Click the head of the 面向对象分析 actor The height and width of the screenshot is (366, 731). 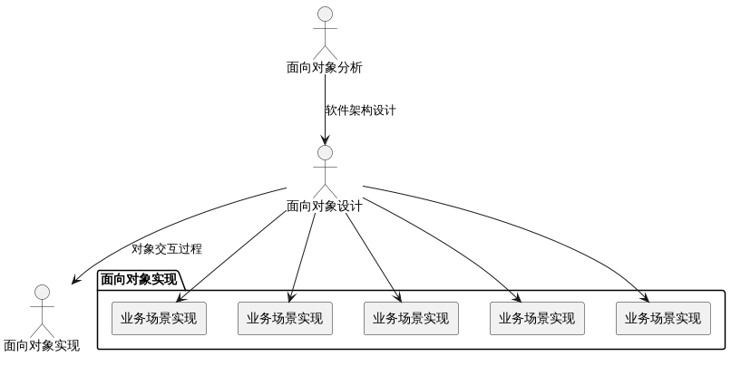(x=325, y=14)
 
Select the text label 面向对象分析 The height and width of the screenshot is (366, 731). (x=325, y=67)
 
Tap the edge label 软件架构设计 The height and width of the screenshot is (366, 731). (x=360, y=111)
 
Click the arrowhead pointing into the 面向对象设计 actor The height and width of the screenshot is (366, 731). (x=325, y=139)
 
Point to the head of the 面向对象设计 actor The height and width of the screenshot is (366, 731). (x=325, y=153)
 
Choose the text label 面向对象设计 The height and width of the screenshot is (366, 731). (x=325, y=206)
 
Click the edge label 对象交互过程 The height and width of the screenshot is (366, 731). (x=166, y=248)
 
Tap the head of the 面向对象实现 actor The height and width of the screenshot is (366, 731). (x=41, y=292)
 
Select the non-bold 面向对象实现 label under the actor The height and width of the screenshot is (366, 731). (x=41, y=345)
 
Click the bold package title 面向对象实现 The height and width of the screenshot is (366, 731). (x=139, y=279)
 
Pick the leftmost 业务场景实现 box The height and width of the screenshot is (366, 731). (x=159, y=318)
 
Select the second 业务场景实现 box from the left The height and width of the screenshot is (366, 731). (x=285, y=318)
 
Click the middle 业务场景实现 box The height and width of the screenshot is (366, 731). (x=411, y=318)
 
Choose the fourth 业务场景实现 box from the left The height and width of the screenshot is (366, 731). (x=537, y=318)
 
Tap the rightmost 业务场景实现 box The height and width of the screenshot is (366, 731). (x=662, y=318)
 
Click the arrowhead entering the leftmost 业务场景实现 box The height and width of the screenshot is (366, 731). (x=179, y=297)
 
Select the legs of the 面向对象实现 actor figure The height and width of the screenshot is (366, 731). (x=41, y=328)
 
